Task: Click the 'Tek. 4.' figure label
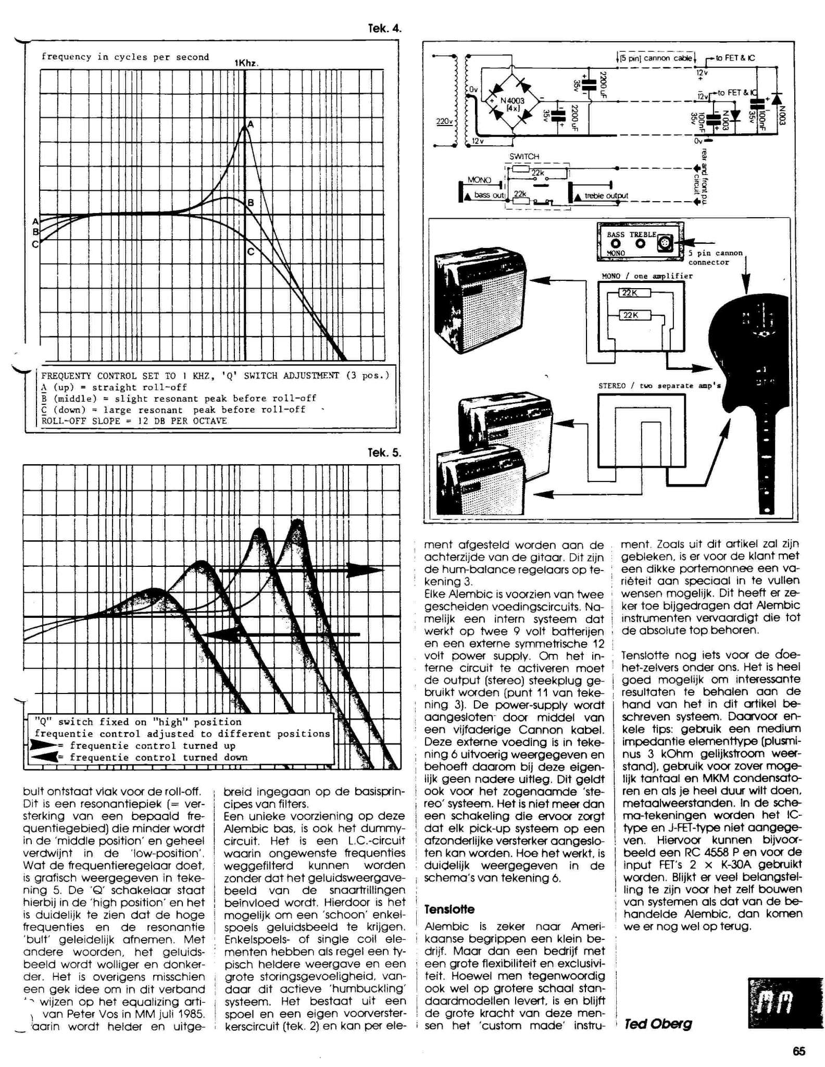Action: point(384,29)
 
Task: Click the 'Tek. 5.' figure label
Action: point(384,453)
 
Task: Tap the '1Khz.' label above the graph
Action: point(246,63)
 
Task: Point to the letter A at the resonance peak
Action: point(251,124)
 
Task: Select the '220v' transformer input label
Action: point(444,122)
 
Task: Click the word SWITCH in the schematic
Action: point(524,156)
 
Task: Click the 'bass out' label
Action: point(489,195)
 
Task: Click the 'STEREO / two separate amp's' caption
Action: point(659,386)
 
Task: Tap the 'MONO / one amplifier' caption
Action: point(647,276)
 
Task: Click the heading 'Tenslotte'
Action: point(449,910)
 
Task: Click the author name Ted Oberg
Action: point(658,1024)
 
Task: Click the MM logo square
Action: point(774,1003)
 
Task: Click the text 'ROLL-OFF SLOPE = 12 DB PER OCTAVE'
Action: point(134,421)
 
